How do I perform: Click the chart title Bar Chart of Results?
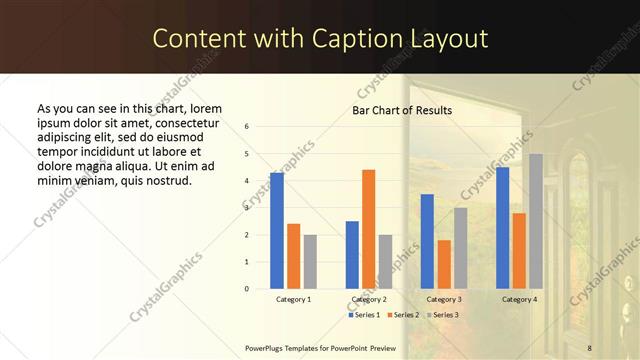[x=402, y=110]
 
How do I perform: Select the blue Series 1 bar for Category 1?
[x=277, y=230]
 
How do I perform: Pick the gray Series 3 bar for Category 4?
[x=536, y=221]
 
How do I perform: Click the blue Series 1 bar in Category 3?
[x=427, y=241]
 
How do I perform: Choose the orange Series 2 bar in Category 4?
[x=519, y=250]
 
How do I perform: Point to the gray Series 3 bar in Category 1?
[x=310, y=261]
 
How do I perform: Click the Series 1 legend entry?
[x=363, y=315]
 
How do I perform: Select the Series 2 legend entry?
[x=402, y=315]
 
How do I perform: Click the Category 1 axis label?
[x=293, y=299]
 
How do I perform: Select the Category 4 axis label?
[x=518, y=299]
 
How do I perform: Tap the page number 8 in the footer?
[x=589, y=347]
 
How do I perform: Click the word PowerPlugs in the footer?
[x=265, y=347]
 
